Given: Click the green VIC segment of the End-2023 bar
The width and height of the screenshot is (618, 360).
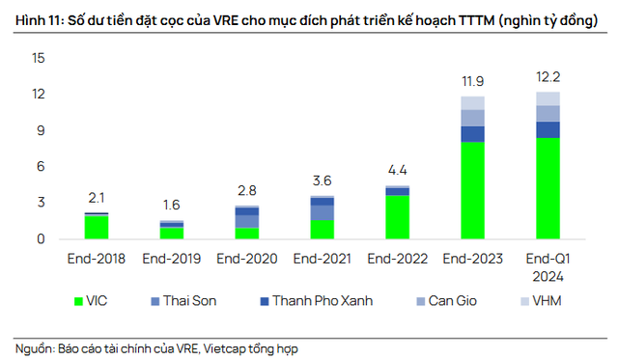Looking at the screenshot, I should click(472, 190).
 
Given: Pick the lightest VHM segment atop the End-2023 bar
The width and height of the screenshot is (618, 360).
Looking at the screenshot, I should click(472, 102).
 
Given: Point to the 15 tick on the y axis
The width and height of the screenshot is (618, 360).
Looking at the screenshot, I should click(38, 58).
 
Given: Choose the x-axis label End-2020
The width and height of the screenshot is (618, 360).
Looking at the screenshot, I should click(246, 259).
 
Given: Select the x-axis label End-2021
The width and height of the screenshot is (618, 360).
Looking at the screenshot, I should click(322, 259).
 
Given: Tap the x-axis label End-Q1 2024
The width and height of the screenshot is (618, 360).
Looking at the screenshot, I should click(548, 266).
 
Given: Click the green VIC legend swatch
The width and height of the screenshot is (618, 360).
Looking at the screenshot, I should click(81, 300).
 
